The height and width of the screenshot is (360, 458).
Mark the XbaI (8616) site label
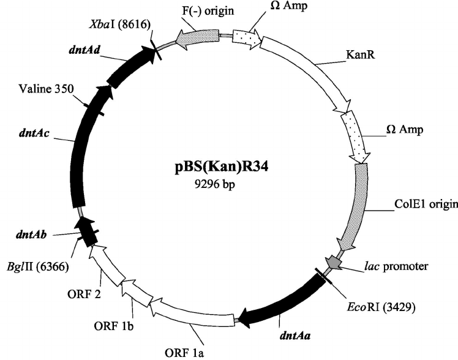[120, 21]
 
